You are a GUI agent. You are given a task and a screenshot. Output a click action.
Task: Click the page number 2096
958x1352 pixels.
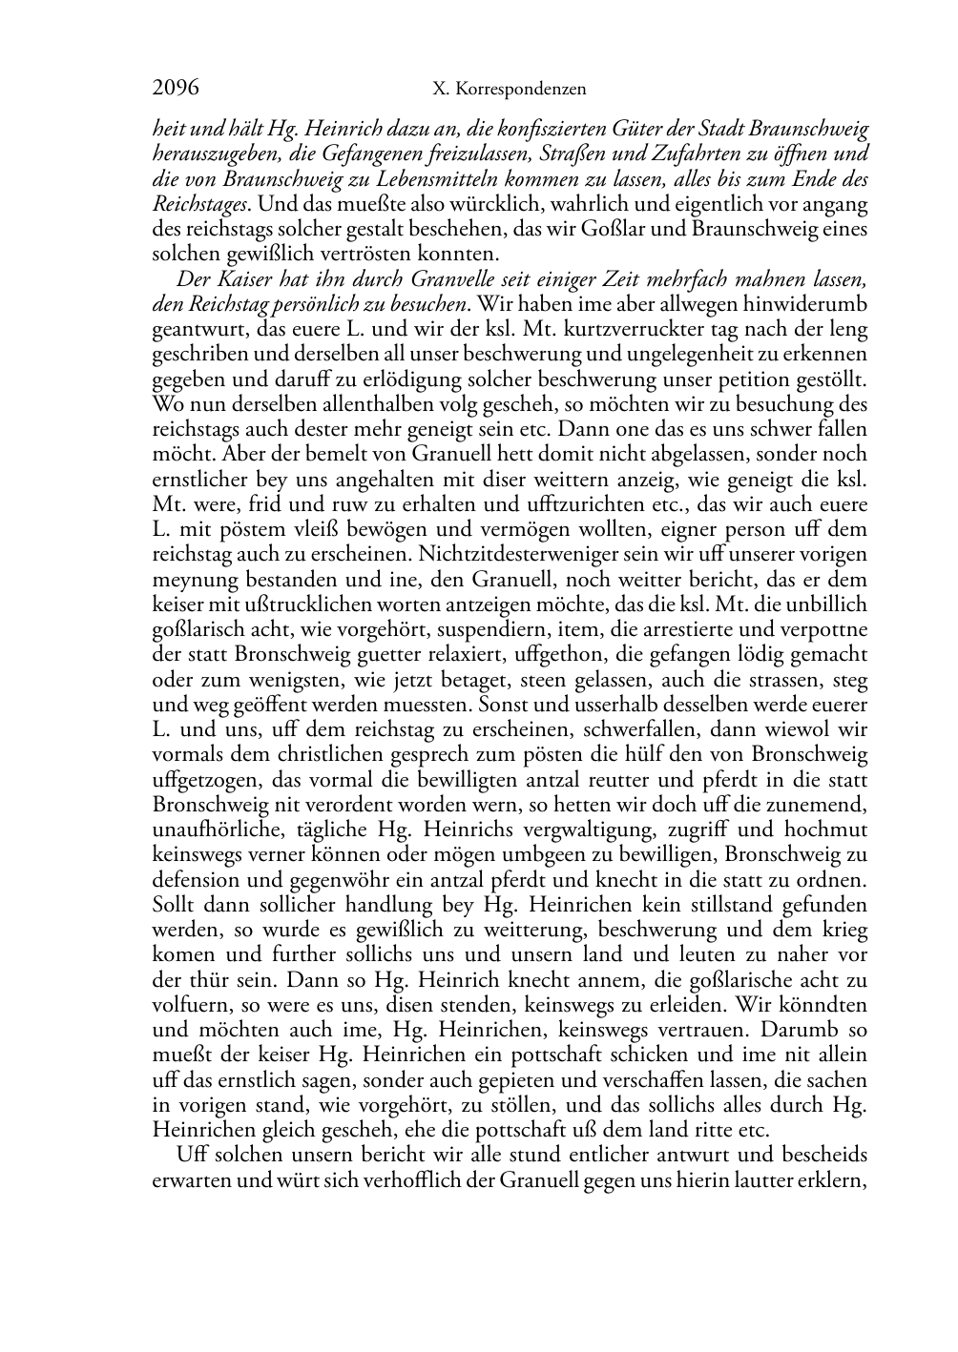(176, 89)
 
